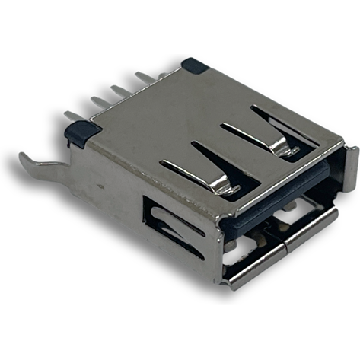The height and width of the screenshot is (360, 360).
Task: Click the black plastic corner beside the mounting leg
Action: click(79, 135)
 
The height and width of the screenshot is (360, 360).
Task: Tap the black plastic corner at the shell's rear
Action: click(193, 65)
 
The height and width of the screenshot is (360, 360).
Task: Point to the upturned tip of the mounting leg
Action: click(23, 158)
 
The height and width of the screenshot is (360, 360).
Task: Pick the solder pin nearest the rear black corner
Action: click(145, 76)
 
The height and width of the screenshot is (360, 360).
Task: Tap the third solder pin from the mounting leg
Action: click(118, 90)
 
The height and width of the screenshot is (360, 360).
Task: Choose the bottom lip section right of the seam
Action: click(312, 227)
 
